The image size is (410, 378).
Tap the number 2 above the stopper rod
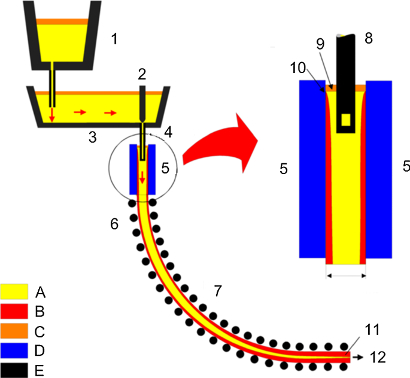click(142, 74)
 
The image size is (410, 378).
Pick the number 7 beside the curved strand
click(218, 291)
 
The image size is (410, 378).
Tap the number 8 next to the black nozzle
click(368, 38)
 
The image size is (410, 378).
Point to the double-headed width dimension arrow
click(345, 276)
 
